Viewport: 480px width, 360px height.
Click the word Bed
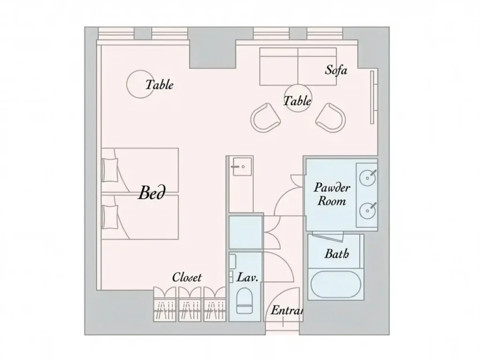pyautogui.click(x=151, y=193)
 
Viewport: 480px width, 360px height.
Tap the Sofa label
pyautogui.click(x=336, y=70)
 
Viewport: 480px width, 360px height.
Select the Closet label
pyautogui.click(x=187, y=277)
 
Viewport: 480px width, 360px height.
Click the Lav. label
pyautogui.click(x=247, y=277)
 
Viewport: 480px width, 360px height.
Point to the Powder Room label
pyautogui.click(x=332, y=195)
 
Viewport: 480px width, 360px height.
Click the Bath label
pyautogui.click(x=337, y=254)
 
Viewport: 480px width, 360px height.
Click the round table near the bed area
pyautogui.click(x=140, y=84)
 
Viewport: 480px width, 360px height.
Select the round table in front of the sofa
pyautogui.click(x=298, y=98)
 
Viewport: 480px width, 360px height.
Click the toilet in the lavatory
pyautogui.click(x=244, y=300)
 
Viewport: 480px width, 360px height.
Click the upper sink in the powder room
pyautogui.click(x=367, y=177)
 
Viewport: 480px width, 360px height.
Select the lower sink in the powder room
pyautogui.click(x=367, y=210)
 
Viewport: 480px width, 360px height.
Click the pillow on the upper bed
pyautogui.click(x=111, y=170)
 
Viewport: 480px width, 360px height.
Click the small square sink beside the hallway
pyautogui.click(x=241, y=166)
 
